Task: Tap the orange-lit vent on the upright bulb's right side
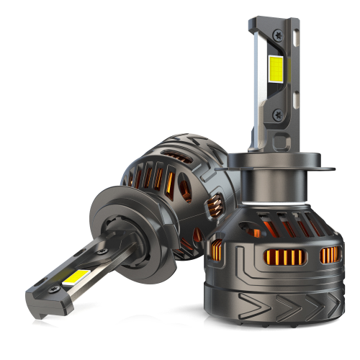330,253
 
